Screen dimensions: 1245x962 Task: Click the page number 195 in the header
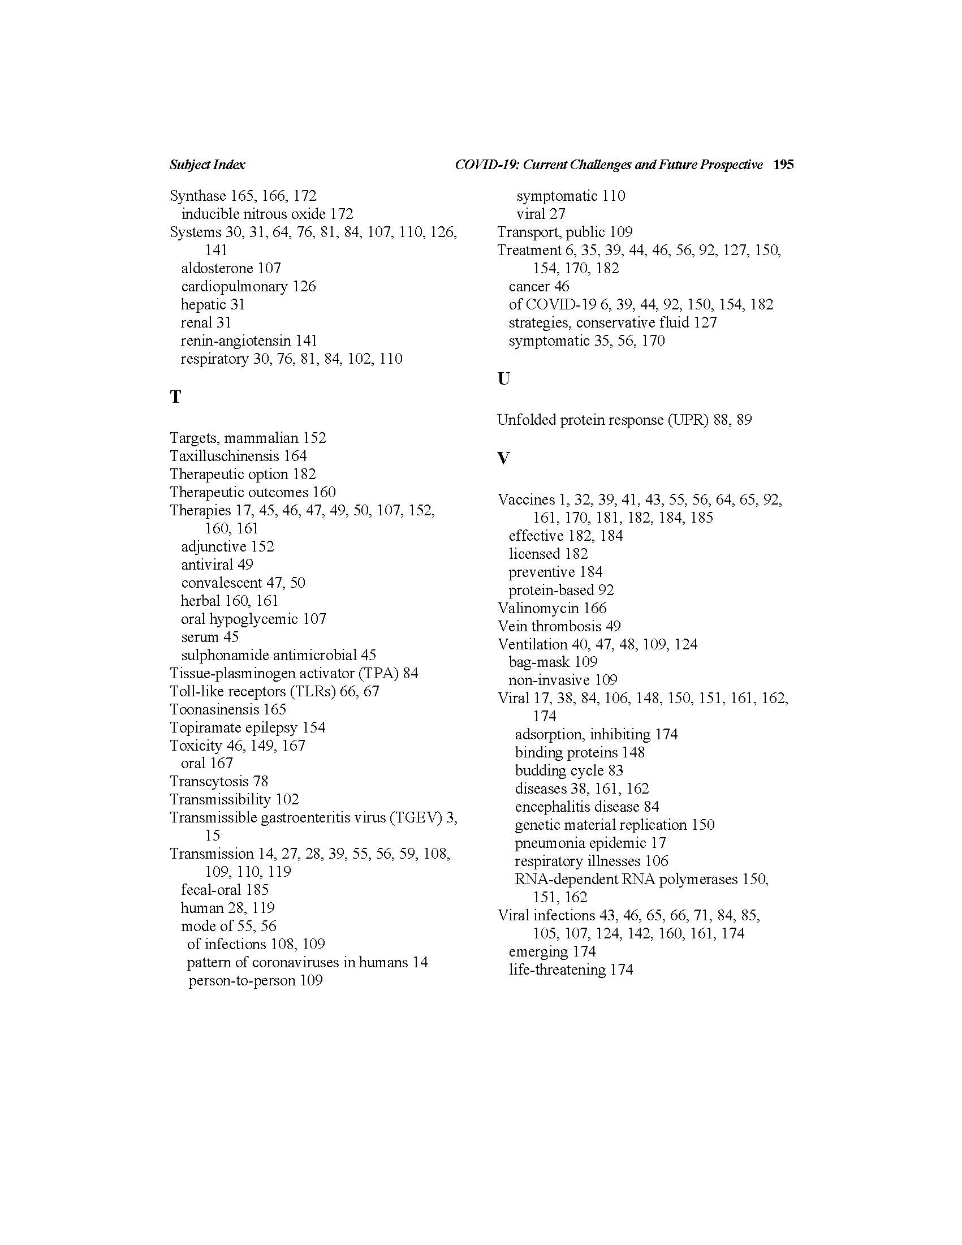pyautogui.click(x=783, y=165)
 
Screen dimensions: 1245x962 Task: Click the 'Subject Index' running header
pyautogui.click(x=208, y=165)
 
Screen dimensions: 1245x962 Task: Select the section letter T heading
pyautogui.click(x=175, y=397)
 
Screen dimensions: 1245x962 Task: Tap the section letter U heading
pyautogui.click(x=503, y=378)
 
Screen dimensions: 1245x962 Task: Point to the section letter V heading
pyautogui.click(x=503, y=458)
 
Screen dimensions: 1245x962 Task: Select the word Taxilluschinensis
pyautogui.click(x=225, y=456)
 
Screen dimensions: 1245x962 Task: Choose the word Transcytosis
pyautogui.click(x=209, y=781)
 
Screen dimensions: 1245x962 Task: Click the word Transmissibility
pyautogui.click(x=220, y=799)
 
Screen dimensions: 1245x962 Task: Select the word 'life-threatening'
pyautogui.click(x=557, y=970)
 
